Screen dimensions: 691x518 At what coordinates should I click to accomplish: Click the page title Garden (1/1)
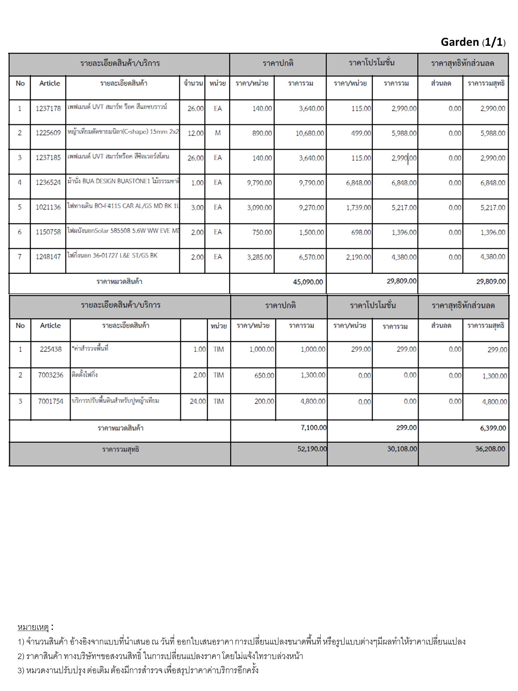pyautogui.click(x=473, y=42)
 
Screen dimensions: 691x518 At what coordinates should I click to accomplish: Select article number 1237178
pyautogui.click(x=48, y=108)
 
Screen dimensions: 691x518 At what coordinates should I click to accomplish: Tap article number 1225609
pyautogui.click(x=48, y=133)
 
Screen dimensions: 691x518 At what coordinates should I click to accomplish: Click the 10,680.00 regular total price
pyautogui.click(x=310, y=133)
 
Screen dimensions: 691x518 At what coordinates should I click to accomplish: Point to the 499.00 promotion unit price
pyautogui.click(x=361, y=133)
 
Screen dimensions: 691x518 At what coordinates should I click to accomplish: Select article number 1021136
pyautogui.click(x=48, y=207)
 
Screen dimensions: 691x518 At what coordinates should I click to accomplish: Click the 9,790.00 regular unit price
pyautogui.click(x=259, y=183)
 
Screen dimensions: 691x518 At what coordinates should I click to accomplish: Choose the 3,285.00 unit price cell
pyautogui.click(x=259, y=257)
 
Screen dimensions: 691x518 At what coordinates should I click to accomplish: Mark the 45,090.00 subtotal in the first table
pyautogui.click(x=308, y=282)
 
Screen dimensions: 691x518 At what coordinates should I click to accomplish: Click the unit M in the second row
pyautogui.click(x=218, y=133)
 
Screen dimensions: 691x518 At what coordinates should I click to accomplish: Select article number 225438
pyautogui.click(x=51, y=350)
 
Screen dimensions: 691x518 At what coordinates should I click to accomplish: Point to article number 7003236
pyautogui.click(x=51, y=375)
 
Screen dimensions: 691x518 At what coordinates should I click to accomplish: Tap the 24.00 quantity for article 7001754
pyautogui.click(x=198, y=402)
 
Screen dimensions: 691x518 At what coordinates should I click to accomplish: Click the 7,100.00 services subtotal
pyautogui.click(x=313, y=428)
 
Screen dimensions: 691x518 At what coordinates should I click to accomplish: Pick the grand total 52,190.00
pyautogui.click(x=312, y=449)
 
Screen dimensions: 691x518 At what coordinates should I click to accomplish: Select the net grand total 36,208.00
pyautogui.click(x=490, y=449)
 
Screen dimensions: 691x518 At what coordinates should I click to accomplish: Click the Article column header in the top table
pyautogui.click(x=50, y=83)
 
